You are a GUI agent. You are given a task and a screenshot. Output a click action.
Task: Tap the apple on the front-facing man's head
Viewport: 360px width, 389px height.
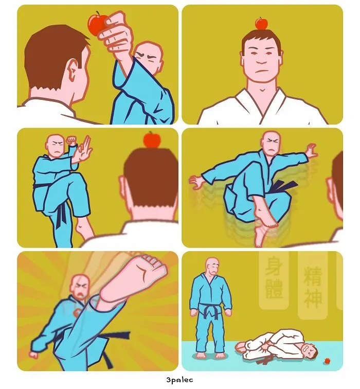(262, 23)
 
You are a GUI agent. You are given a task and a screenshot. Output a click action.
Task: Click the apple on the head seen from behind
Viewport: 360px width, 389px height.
(152, 139)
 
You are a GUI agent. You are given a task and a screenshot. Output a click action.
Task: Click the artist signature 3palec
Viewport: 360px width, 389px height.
(179, 380)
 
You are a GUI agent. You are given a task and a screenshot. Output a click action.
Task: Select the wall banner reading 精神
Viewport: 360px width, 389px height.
(313, 285)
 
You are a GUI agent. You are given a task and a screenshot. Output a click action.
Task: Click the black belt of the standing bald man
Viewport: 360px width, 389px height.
(210, 310)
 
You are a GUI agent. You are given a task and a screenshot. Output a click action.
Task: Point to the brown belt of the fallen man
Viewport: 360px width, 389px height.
(265, 356)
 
